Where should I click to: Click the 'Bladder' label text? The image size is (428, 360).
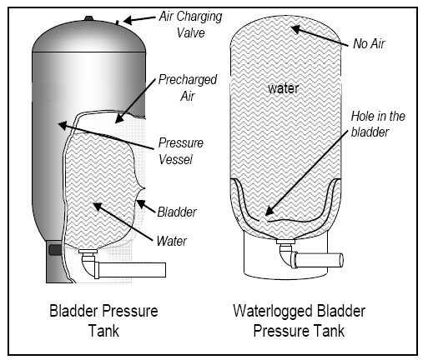tap(177, 212)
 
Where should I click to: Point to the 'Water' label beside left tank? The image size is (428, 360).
tap(171, 242)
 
